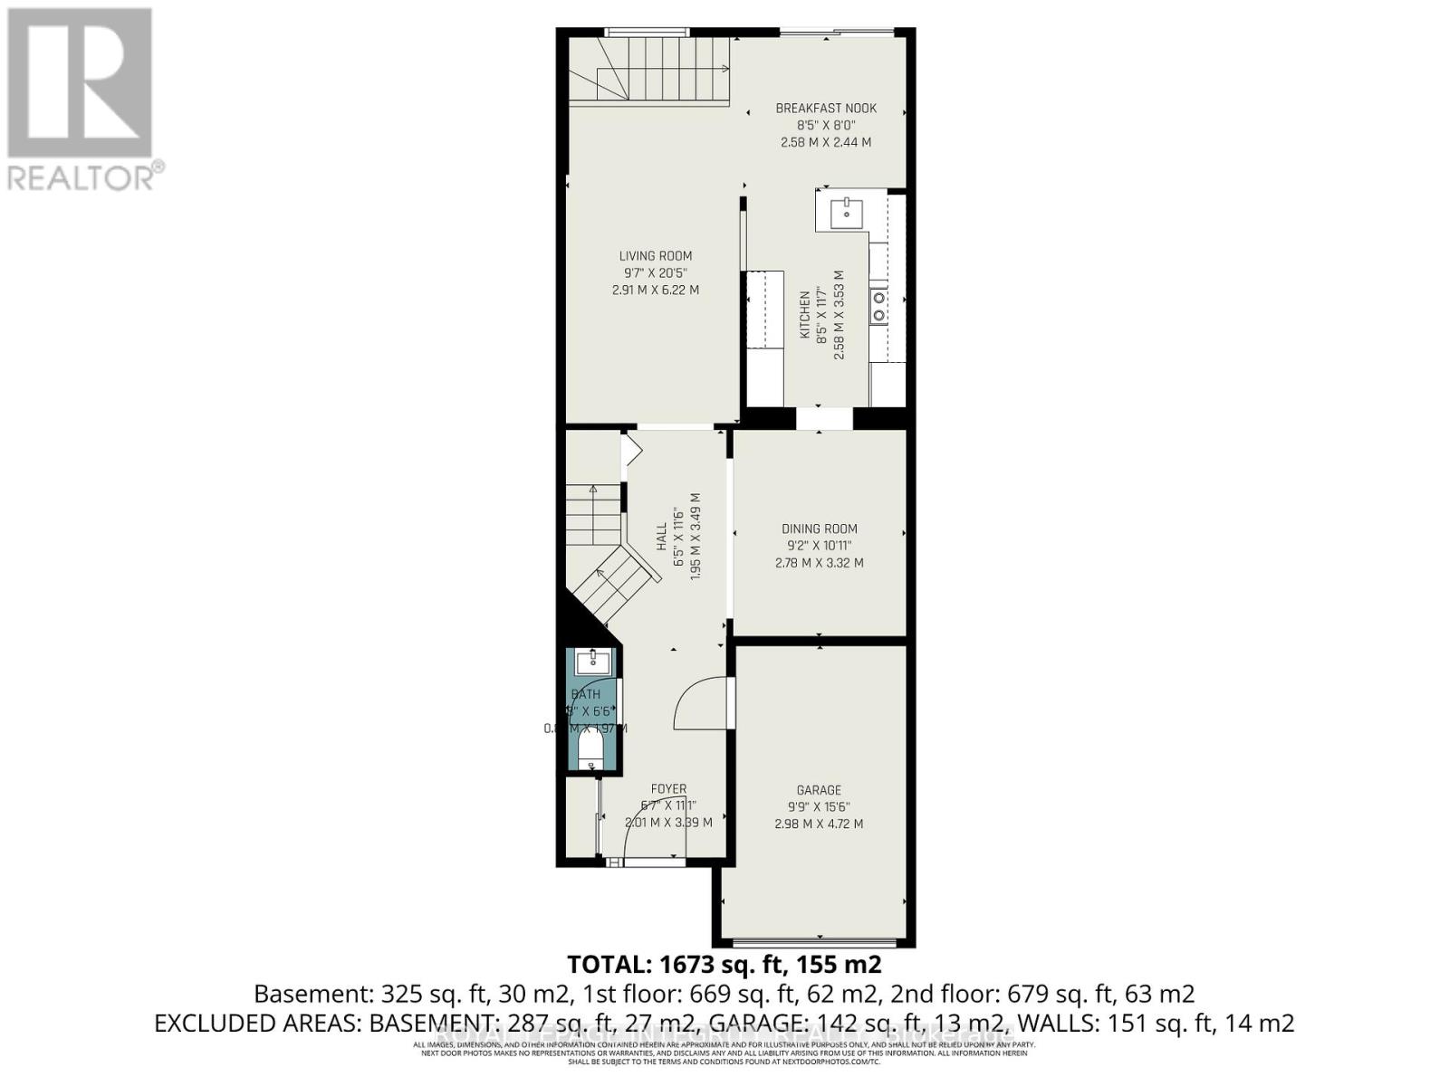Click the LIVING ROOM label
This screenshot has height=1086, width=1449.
pos(656,256)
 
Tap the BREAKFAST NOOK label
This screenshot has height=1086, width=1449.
pos(826,109)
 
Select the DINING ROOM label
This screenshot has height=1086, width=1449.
pos(819,529)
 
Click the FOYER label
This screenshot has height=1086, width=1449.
pos(668,789)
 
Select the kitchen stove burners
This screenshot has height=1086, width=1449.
pos(878,306)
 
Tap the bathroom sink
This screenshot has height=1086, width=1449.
pos(594,662)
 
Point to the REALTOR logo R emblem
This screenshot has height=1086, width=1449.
pos(80,83)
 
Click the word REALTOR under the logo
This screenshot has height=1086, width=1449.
pos(80,176)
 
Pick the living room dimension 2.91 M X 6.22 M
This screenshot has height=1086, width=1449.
pos(656,291)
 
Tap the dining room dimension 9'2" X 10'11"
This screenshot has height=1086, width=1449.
pos(819,546)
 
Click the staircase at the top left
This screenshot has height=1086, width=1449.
pos(650,71)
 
